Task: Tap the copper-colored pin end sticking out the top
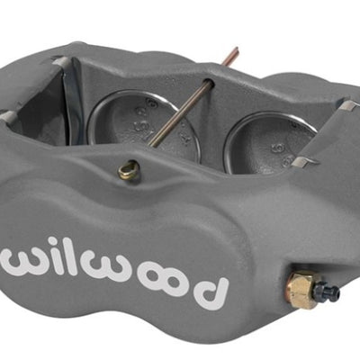point(232,57)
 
